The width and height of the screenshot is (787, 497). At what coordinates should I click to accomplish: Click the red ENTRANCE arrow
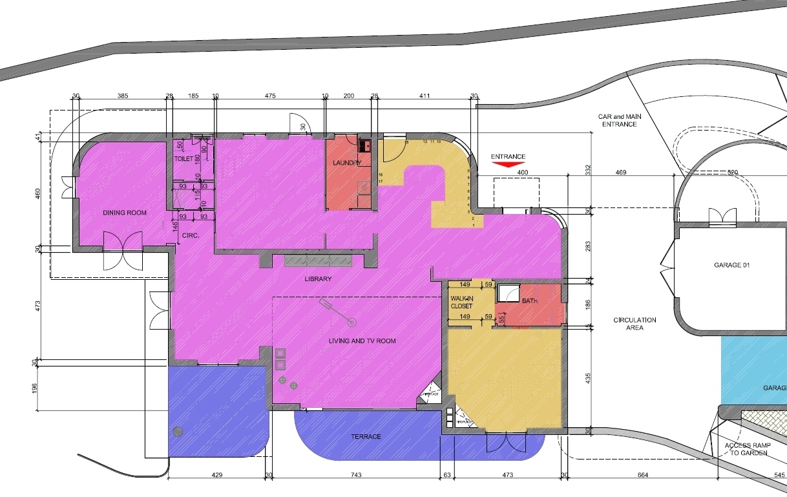click(508, 165)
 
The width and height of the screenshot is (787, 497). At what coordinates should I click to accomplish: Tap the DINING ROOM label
click(125, 213)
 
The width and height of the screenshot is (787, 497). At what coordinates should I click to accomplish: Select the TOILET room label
click(184, 158)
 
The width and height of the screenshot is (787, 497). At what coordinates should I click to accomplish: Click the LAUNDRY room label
click(346, 163)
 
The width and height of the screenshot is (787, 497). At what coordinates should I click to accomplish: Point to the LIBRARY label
click(318, 279)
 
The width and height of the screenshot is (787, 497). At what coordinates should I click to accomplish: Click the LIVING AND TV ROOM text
click(362, 341)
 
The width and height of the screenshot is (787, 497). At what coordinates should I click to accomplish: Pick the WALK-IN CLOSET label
click(462, 302)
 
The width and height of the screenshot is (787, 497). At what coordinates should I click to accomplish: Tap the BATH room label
click(530, 301)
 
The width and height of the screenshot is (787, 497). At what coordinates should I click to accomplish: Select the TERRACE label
click(366, 437)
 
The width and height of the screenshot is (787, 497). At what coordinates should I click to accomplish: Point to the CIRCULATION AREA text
click(635, 324)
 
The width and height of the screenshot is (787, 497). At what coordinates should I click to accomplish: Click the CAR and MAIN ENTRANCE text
click(618, 120)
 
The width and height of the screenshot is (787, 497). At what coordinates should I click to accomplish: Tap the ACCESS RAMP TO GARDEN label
click(746, 449)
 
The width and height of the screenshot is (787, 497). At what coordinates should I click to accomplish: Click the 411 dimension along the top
click(424, 96)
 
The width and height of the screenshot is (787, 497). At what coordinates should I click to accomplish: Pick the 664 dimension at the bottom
click(642, 476)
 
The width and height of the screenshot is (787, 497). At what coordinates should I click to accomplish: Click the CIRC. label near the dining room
click(190, 237)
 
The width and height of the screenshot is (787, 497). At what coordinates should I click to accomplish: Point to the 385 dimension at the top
click(123, 96)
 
